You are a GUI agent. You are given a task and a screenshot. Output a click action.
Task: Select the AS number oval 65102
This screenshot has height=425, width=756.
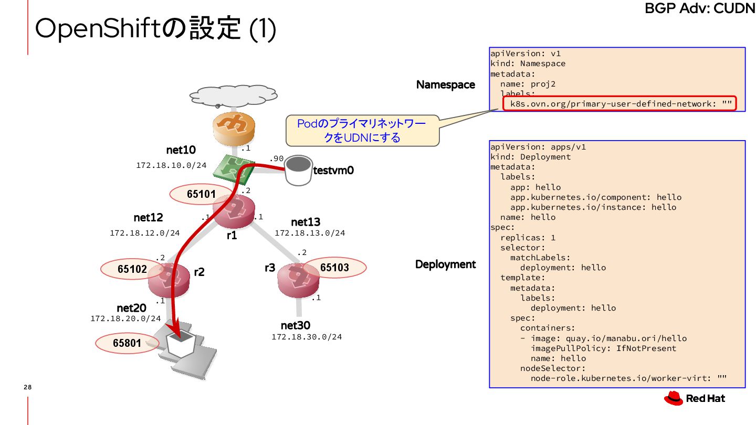pyautogui.click(x=132, y=269)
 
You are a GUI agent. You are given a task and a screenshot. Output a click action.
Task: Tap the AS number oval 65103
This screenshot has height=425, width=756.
pyautogui.click(x=334, y=268)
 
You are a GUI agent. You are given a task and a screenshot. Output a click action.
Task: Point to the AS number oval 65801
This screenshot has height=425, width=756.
pyautogui.click(x=127, y=344)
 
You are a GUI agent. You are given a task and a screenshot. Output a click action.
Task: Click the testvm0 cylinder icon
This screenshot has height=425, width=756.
pyautogui.click(x=298, y=170)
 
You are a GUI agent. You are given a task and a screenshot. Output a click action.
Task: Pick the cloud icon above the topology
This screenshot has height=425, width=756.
pyautogui.click(x=234, y=95)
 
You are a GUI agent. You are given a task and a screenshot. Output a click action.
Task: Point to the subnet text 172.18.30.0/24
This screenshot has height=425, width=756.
pyautogui.click(x=307, y=337)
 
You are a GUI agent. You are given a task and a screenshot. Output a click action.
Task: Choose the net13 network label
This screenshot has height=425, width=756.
pyautogui.click(x=306, y=222)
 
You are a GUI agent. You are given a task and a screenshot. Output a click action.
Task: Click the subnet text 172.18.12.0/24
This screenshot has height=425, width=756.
pyautogui.click(x=145, y=233)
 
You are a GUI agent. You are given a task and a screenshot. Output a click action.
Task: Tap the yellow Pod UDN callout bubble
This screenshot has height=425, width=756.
pyautogui.click(x=362, y=131)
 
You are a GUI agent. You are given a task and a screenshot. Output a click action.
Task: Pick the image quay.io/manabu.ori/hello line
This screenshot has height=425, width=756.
pyautogui.click(x=603, y=338)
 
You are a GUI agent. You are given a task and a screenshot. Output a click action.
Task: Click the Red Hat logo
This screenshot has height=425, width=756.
pyautogui.click(x=695, y=399)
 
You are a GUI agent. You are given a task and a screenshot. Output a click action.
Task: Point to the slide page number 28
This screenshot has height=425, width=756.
pyautogui.click(x=28, y=387)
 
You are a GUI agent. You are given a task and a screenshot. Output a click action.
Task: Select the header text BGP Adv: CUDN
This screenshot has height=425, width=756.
pyautogui.click(x=699, y=9)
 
